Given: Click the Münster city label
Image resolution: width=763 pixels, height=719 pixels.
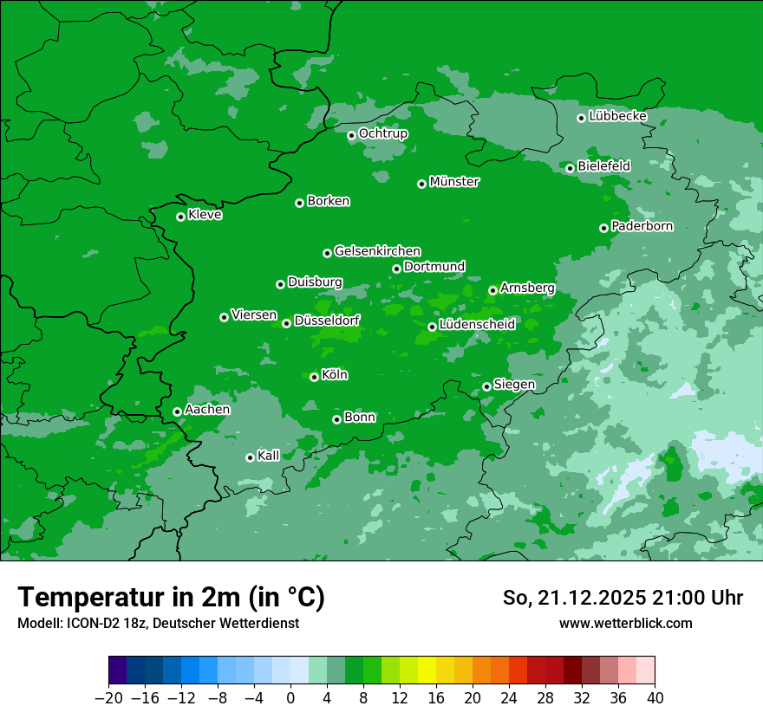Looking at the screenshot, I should pos(454,182).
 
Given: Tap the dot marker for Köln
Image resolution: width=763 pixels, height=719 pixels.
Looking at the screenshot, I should pos(314,377).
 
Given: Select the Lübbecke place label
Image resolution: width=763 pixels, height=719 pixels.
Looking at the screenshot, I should pos(618,116).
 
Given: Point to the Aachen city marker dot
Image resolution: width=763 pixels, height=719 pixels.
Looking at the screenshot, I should pos(177,411).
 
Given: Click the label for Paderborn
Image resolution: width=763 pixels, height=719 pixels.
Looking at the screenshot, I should pos(642,226).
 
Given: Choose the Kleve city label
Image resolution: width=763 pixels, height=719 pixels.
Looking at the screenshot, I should pos(205,215).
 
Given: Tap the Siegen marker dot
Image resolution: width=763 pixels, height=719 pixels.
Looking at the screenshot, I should pos(486,386).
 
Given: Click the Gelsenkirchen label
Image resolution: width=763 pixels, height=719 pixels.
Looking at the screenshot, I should pos(378,251).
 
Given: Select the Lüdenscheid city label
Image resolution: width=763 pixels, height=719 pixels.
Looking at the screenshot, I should pos(478,325).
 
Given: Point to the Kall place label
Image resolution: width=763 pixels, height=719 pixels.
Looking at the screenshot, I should pos(269,456).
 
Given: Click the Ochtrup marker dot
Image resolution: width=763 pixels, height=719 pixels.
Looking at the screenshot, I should pos(351,135).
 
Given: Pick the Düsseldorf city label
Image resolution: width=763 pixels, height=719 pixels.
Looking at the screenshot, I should pos(327,321).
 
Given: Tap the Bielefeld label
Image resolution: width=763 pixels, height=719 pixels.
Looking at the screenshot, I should pos(604,165).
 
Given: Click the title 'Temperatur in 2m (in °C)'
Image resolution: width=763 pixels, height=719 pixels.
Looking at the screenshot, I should pos(171,598).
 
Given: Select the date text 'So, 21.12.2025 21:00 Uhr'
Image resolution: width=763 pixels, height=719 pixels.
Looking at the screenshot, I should pos(623,598).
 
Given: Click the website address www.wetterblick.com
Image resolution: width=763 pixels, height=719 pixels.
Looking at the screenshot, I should pos(626,623).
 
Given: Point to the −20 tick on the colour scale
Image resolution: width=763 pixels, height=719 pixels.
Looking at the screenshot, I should pos(108,698).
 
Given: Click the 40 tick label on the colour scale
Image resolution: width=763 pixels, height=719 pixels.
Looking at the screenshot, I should pos(655,698).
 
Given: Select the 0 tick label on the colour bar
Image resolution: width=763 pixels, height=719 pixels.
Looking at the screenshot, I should pos(290,698).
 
